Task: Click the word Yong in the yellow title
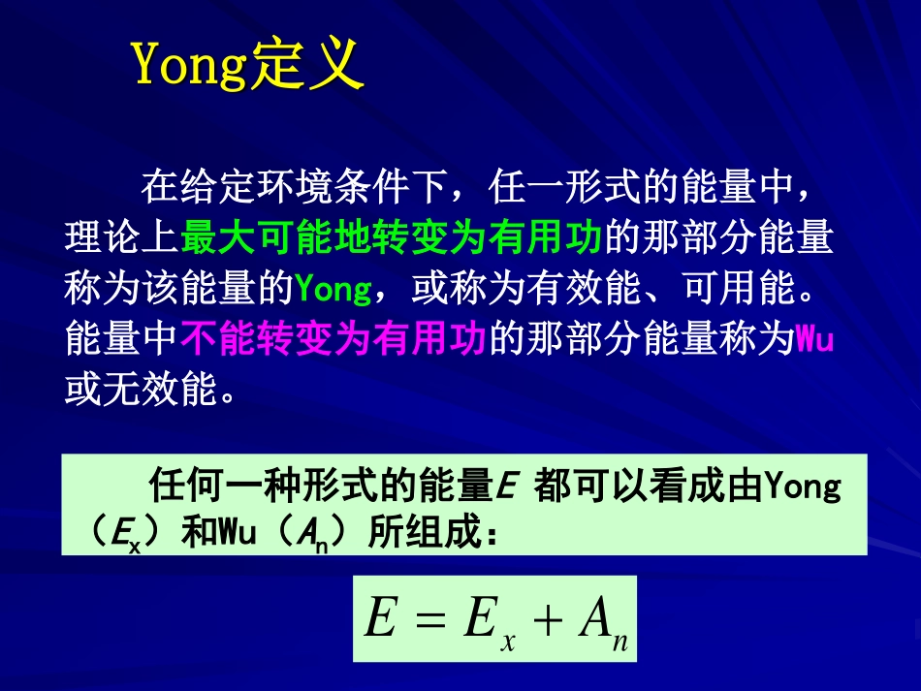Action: (189, 66)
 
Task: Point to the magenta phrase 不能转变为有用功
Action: (333, 340)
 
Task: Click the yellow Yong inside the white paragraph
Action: (333, 289)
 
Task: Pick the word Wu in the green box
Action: (236, 533)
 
